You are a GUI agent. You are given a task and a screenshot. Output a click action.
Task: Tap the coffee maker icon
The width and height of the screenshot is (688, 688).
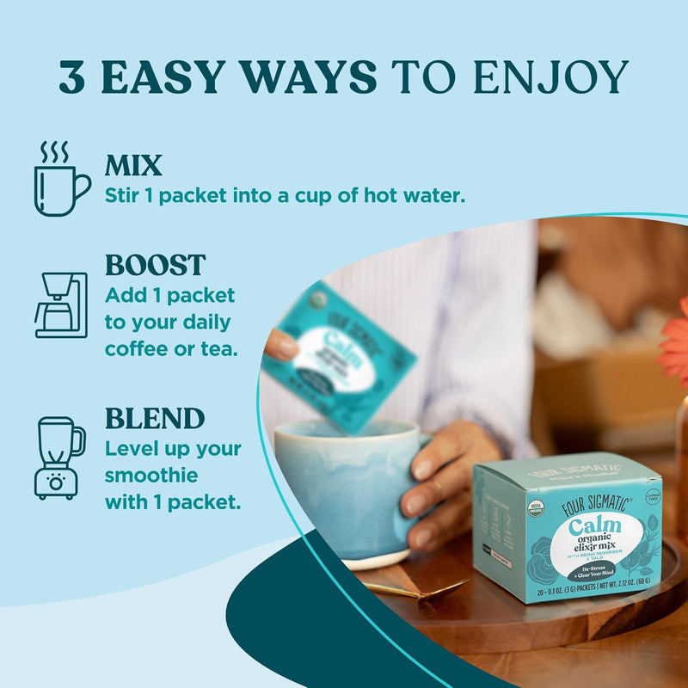click(x=60, y=305)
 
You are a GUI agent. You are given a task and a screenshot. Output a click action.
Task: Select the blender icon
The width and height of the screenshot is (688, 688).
click(x=59, y=457)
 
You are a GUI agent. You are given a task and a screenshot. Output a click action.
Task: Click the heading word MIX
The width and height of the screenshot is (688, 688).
click(x=133, y=165)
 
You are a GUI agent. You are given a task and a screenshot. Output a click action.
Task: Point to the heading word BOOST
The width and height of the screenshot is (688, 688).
click(x=156, y=265)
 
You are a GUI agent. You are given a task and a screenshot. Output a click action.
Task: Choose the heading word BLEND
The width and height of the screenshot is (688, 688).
click(x=155, y=419)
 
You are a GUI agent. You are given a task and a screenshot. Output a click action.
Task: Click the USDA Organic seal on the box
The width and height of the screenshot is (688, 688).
click(x=536, y=507)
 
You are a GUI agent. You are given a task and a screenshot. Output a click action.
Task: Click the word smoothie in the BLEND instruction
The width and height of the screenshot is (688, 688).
click(x=151, y=475)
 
